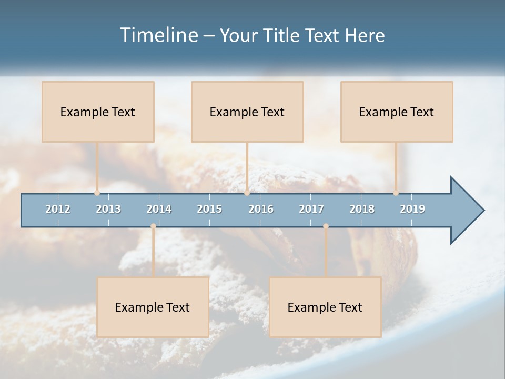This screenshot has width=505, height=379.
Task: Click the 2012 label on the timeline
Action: (x=58, y=209)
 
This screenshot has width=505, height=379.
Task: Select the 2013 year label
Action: (x=108, y=209)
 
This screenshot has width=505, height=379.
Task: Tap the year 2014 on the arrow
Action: (x=159, y=209)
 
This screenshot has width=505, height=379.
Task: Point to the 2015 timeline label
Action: (x=209, y=209)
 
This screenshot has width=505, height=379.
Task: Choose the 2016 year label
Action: (x=261, y=209)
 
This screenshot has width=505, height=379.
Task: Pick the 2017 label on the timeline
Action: (x=311, y=209)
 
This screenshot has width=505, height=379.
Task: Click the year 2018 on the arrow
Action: (x=362, y=209)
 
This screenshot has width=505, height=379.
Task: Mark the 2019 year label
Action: (x=412, y=209)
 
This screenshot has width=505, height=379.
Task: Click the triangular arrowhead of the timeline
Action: (x=466, y=211)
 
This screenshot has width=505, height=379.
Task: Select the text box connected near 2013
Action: (x=98, y=112)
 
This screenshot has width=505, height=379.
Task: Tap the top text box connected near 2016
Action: (x=247, y=112)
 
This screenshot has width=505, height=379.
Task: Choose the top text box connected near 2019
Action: (x=397, y=112)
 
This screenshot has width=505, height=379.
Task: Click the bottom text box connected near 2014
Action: (x=153, y=307)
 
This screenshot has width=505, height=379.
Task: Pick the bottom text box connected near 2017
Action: (x=325, y=307)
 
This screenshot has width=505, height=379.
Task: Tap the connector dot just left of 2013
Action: (x=97, y=193)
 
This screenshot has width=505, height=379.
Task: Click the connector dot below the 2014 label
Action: (x=153, y=226)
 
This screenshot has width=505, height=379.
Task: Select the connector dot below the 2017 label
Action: (x=326, y=226)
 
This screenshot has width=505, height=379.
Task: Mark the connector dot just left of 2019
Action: (x=396, y=193)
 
